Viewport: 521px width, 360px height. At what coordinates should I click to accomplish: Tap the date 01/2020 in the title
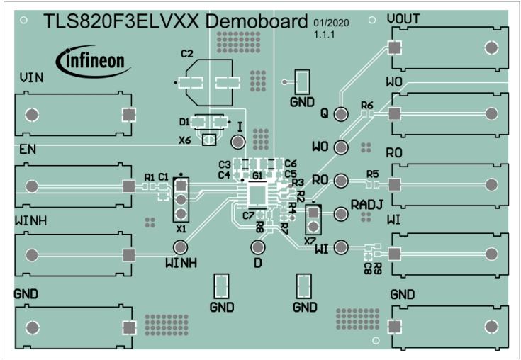click(327, 23)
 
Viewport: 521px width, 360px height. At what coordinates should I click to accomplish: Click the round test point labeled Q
click(341, 114)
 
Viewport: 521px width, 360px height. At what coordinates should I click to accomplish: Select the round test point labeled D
click(258, 247)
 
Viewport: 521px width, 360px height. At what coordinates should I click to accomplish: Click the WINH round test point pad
click(181, 247)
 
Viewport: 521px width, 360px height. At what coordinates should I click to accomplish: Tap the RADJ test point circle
click(341, 213)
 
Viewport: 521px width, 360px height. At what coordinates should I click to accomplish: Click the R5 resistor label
click(373, 174)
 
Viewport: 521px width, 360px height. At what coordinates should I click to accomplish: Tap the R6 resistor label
click(366, 105)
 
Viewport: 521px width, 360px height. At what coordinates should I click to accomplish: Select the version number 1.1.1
click(321, 33)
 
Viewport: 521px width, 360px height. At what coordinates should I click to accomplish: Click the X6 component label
click(185, 140)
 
